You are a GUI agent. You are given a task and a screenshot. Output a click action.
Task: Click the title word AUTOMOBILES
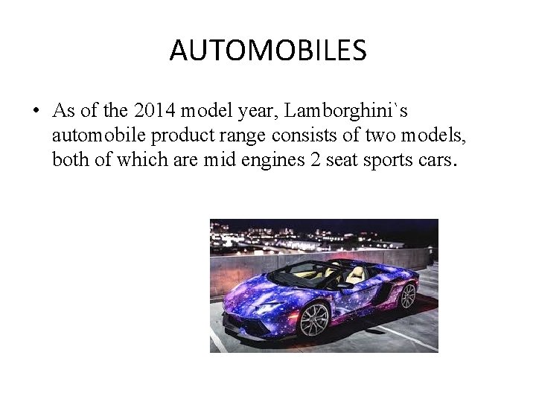coord(268,51)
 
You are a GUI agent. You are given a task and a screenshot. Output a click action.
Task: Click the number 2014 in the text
coord(148,111)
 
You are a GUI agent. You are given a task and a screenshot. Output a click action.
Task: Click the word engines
coord(272,160)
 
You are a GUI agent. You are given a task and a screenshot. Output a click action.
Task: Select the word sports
coord(392,160)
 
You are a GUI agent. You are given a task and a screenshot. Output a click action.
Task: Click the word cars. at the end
coord(436,160)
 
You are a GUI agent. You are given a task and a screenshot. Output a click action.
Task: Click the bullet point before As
coord(35,112)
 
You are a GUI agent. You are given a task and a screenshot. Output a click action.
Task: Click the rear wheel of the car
coord(407,296)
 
